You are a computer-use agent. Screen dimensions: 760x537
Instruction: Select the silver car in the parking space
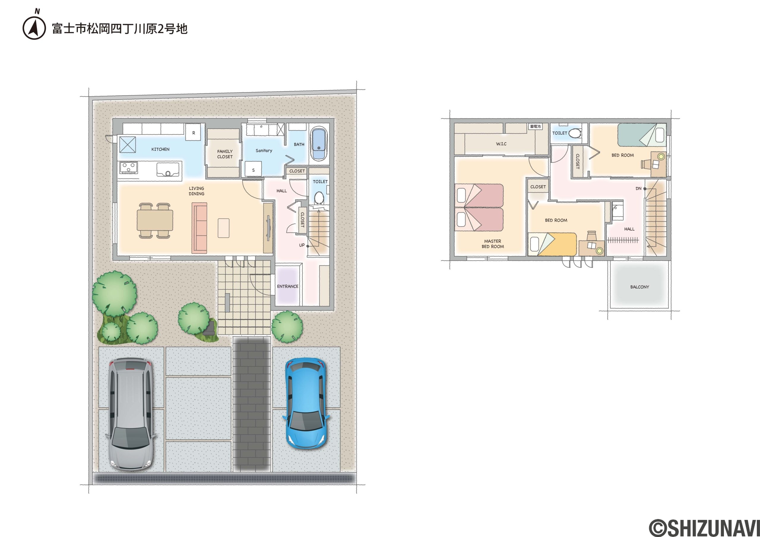pos(132,414)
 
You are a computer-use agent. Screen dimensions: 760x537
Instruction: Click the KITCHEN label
pos(160,149)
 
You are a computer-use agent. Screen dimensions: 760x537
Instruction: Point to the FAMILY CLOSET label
pos(225,154)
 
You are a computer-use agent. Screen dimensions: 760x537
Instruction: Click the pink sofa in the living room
pos(199,228)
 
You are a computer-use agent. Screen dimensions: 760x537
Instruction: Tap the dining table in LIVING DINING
pos(155,220)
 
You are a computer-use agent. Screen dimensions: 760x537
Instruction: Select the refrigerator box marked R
pos(193,133)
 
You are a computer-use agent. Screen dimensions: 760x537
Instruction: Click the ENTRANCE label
pos(288,286)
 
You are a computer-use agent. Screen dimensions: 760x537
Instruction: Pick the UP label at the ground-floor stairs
pos(302,245)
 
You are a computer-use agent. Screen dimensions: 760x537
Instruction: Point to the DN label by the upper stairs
pos(638,188)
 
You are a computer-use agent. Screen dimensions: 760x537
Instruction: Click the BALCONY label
pos(639,287)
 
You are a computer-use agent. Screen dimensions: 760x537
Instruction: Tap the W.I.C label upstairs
pos(501,144)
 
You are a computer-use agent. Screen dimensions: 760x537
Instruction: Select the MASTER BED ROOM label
pos(493,244)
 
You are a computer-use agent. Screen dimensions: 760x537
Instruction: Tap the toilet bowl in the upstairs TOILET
pos(575,133)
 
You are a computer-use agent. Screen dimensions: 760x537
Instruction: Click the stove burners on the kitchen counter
pos(129,167)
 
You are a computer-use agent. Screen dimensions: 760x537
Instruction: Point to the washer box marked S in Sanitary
pos(253,170)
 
